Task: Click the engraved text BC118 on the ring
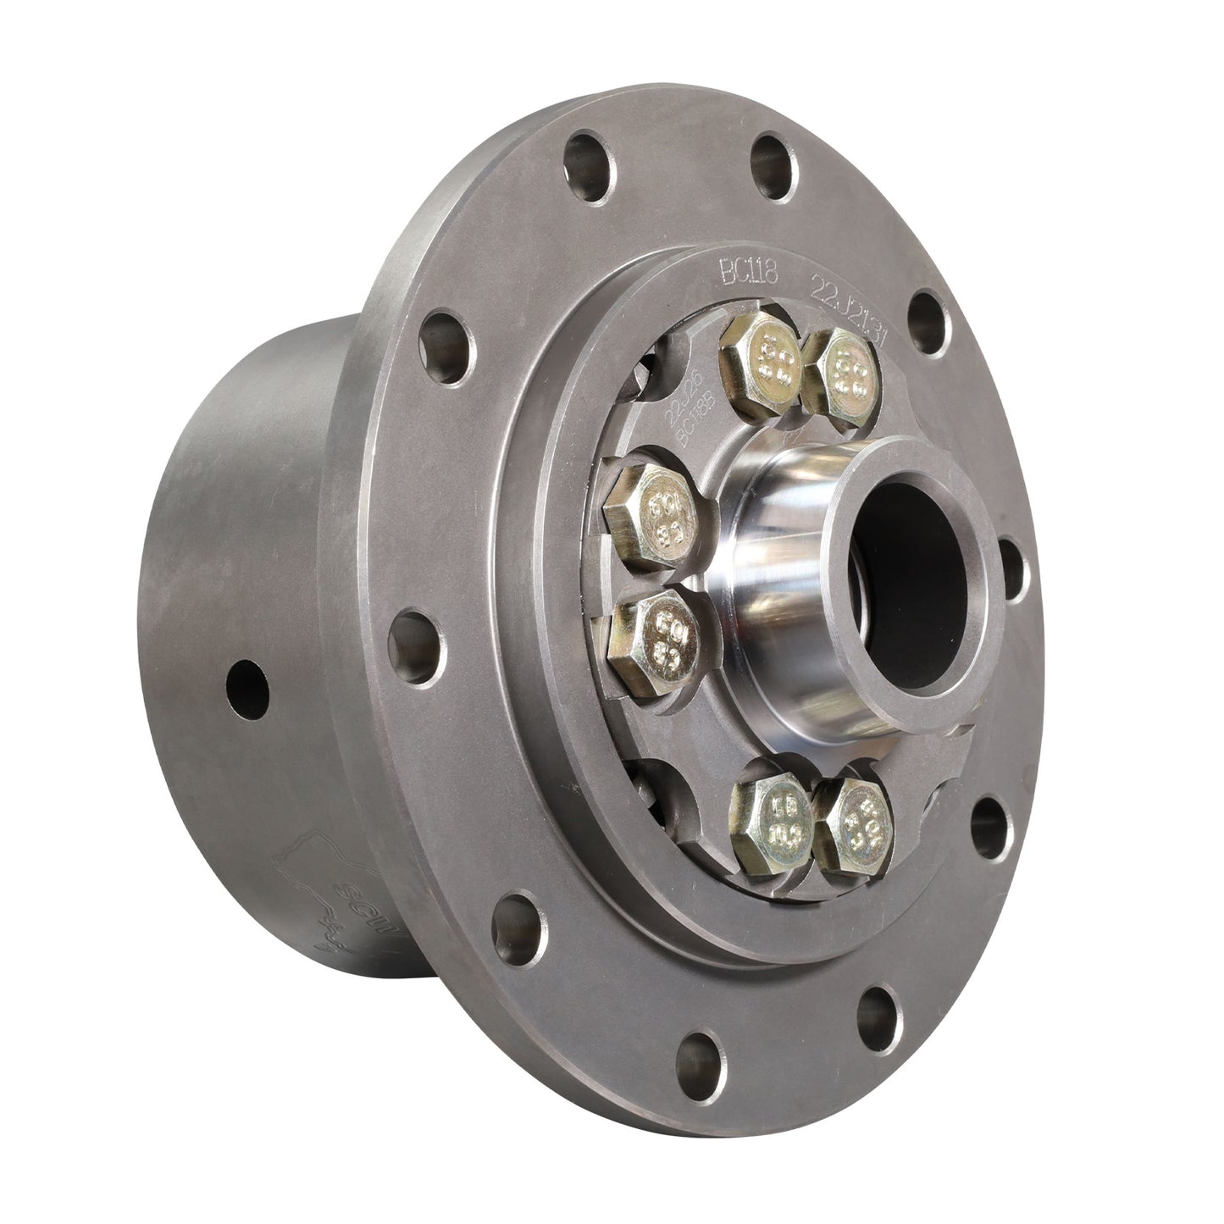pyautogui.click(x=741, y=273)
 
